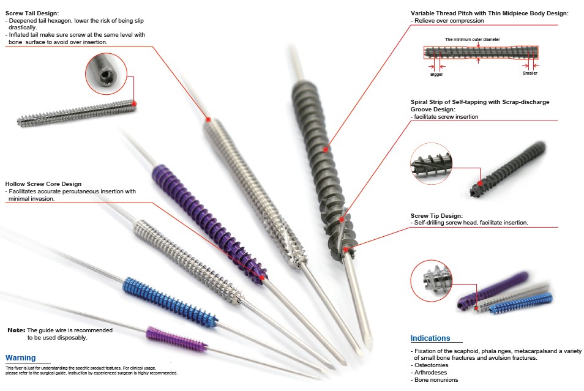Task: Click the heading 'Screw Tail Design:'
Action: [32, 13]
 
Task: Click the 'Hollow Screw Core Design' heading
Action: [43, 184]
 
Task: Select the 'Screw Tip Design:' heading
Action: [436, 215]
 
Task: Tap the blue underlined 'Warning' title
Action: [20, 357]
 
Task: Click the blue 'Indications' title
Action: [430, 338]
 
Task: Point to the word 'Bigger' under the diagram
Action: [436, 74]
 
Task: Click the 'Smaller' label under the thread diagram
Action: [530, 73]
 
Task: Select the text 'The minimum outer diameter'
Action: [472, 40]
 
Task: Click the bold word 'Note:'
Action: [16, 330]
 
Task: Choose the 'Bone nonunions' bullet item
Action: [436, 379]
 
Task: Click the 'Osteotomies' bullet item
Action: [433, 365]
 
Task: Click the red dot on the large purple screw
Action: [262, 278]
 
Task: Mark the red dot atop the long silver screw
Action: [208, 119]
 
